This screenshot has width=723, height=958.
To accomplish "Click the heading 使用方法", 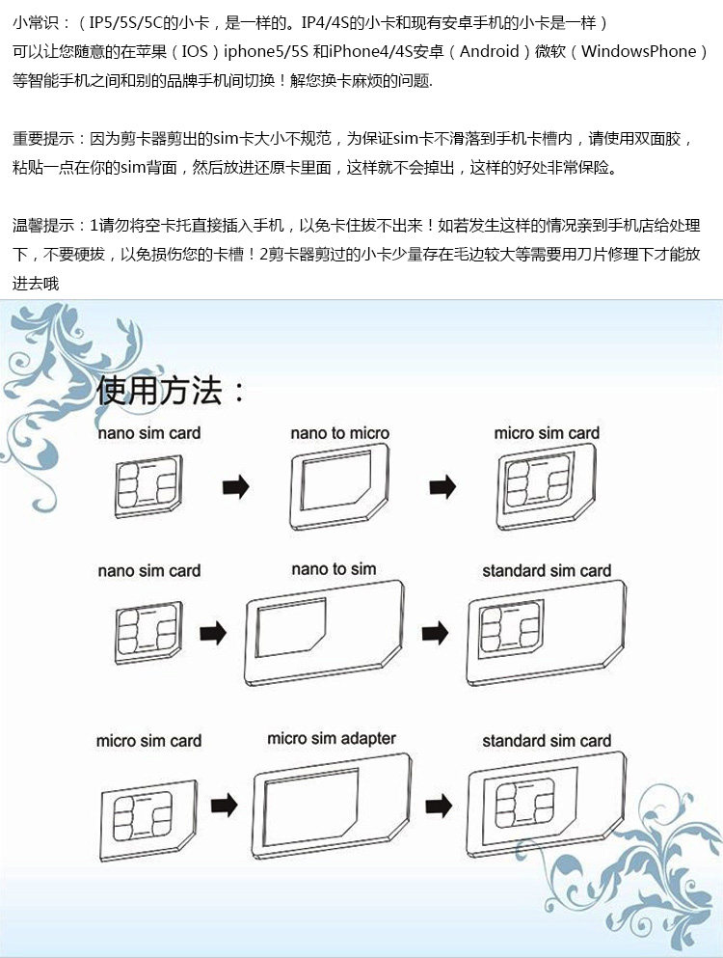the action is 171,391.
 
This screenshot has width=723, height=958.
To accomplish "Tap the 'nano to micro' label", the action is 339,433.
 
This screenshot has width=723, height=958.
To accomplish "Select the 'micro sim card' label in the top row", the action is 547,433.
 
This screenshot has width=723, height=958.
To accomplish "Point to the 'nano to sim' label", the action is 334,569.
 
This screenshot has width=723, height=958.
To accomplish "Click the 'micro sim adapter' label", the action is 332,739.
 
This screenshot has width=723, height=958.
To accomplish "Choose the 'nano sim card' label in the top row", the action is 149,433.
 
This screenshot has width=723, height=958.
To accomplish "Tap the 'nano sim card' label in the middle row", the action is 149,571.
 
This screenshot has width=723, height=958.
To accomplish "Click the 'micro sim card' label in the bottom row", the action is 148,741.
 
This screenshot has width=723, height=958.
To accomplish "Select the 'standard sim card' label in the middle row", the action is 547,571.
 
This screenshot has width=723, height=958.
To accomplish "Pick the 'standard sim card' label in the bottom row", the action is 547,741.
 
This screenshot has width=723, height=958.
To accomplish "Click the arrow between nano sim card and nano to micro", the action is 236,487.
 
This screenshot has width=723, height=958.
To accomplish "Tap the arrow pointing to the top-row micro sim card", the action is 442,487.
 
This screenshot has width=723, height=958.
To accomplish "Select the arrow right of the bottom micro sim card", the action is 225,804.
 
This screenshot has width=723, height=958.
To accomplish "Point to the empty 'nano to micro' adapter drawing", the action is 339,487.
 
